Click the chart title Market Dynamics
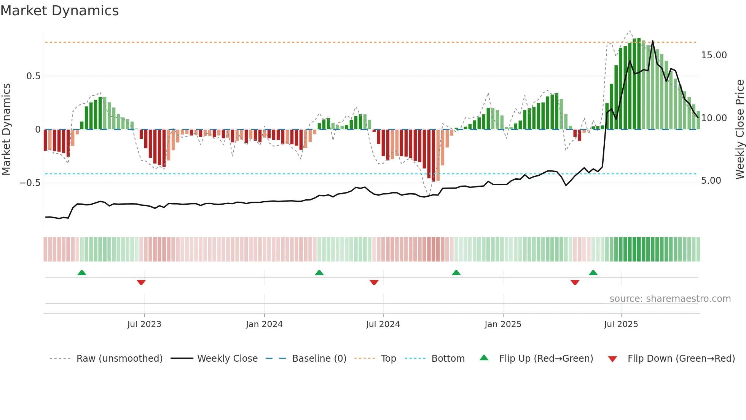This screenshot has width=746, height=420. [x=59, y=11]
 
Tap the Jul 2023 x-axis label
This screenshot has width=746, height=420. [x=144, y=324]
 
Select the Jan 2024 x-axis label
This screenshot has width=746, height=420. [x=264, y=324]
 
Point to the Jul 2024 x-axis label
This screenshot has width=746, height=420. [x=383, y=324]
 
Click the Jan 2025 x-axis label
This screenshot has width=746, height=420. [x=503, y=324]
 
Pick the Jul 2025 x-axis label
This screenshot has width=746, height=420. [x=621, y=324]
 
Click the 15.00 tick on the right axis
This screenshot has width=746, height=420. [x=714, y=55]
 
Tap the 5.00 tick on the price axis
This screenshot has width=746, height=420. [x=711, y=181]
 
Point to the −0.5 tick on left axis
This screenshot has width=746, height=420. [x=30, y=183]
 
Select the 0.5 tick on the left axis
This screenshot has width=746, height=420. [x=33, y=76]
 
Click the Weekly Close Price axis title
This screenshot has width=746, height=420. [x=740, y=129]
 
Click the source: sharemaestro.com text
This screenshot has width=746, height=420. [x=670, y=299]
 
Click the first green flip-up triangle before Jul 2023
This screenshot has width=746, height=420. [x=82, y=273]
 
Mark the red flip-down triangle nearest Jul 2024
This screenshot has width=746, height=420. [x=374, y=282]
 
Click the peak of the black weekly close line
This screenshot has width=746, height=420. [x=653, y=41]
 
